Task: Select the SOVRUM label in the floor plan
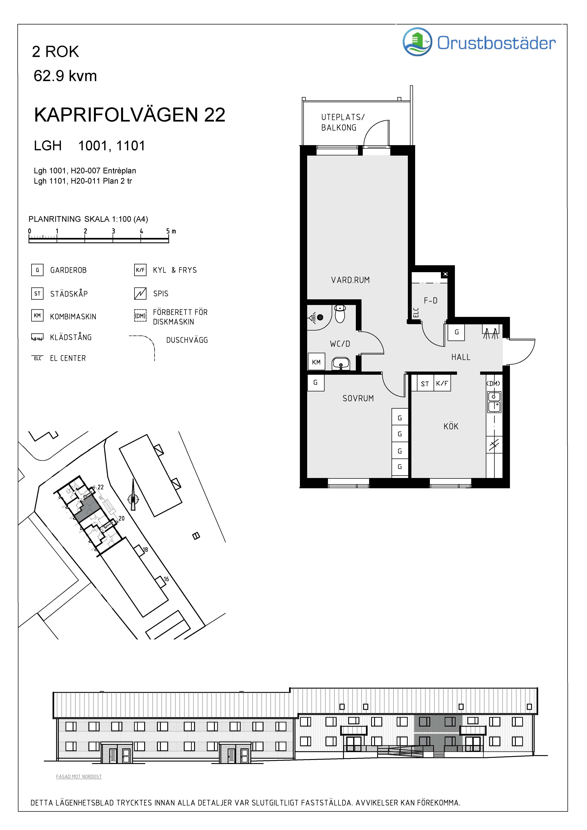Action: click(x=358, y=398)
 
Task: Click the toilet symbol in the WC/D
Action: click(x=340, y=313)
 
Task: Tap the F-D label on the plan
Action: click(x=430, y=300)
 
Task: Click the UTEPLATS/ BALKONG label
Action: click(x=343, y=122)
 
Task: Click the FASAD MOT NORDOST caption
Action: click(x=79, y=776)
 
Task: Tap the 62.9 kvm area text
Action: click(x=65, y=76)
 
